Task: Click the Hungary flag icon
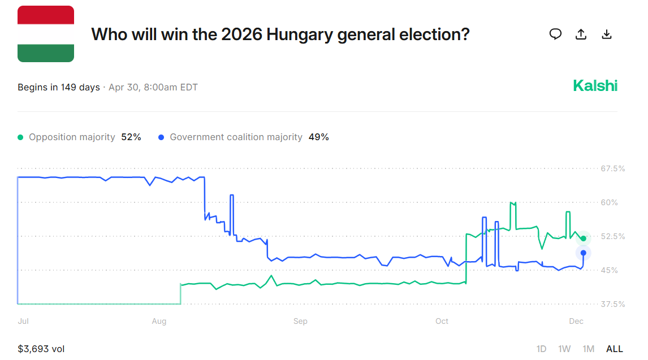[x=46, y=34]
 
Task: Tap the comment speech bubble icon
[x=556, y=34]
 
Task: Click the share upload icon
[x=581, y=34]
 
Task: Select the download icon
[x=607, y=34]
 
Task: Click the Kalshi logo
[x=595, y=86]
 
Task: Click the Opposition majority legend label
[x=72, y=137]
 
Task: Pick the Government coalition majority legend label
[x=236, y=137]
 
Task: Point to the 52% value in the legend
[x=131, y=137]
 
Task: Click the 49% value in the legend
[x=319, y=137]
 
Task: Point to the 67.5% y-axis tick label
[x=613, y=168]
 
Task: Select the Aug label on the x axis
[x=159, y=321]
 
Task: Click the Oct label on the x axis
[x=442, y=321]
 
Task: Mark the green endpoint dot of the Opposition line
[x=584, y=238]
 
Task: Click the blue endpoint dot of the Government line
[x=584, y=253]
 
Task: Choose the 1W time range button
[x=564, y=349]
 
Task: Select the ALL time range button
[x=614, y=349]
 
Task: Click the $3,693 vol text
[x=41, y=349]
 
